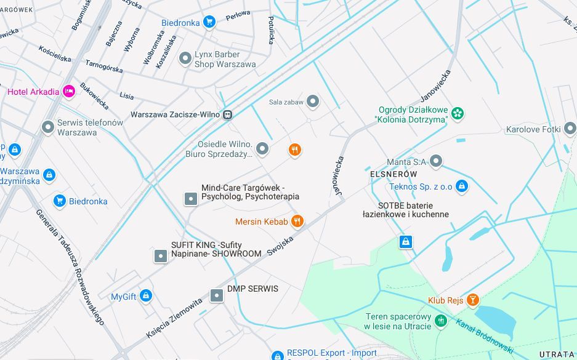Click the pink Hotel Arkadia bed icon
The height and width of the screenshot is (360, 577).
tap(68, 91)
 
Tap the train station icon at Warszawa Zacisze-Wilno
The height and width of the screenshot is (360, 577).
tap(228, 114)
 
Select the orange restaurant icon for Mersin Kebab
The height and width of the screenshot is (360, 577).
tap(297, 221)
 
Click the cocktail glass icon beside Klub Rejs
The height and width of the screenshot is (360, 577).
tap(472, 300)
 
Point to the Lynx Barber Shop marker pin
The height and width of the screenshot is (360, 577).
tap(185, 58)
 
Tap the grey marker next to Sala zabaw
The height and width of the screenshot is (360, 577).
tap(313, 102)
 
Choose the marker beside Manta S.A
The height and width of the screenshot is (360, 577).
tap(436, 162)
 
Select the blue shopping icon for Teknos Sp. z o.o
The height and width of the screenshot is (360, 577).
tap(462, 186)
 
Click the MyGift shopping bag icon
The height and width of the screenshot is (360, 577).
tap(145, 296)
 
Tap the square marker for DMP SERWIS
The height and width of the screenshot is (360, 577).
tap(216, 295)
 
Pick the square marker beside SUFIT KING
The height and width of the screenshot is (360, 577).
tap(160, 255)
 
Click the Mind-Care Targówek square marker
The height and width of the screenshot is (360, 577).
tap(191, 198)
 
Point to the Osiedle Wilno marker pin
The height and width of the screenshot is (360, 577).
tap(262, 148)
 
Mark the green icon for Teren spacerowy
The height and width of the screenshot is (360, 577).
tap(440, 321)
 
